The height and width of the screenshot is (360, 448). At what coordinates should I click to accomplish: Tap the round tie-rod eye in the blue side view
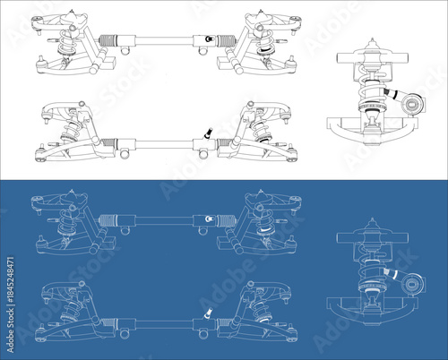411,284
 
